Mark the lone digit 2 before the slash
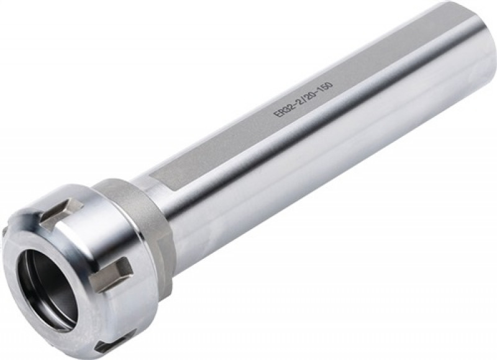click(299, 101)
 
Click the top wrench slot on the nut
click(58, 211)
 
